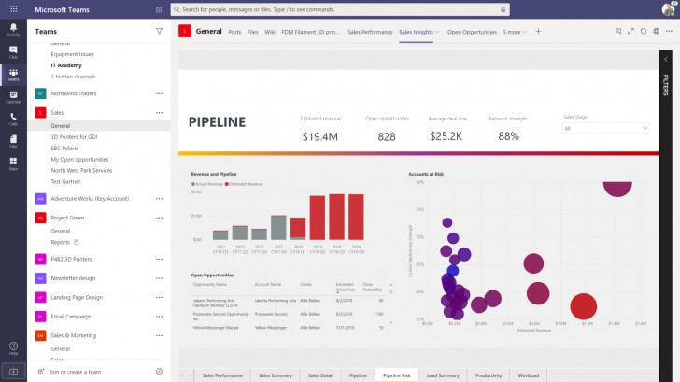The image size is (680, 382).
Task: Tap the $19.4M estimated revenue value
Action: (x=319, y=136)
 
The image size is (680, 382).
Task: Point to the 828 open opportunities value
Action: (x=387, y=136)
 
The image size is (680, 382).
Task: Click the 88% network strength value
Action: (x=509, y=136)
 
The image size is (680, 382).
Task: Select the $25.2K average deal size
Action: (x=446, y=136)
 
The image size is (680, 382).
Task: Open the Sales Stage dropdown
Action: (x=606, y=128)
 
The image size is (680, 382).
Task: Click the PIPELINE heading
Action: (x=217, y=121)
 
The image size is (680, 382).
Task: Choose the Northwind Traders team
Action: (x=77, y=93)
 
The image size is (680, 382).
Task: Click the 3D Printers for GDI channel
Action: (x=74, y=136)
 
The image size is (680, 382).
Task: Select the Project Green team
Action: (x=68, y=218)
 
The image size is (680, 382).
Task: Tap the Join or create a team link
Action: (x=75, y=372)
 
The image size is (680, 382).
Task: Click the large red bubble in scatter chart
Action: (x=583, y=305)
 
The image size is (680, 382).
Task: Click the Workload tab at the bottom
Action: (x=528, y=375)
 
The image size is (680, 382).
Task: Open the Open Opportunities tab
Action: (x=472, y=31)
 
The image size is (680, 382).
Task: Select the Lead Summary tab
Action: (x=443, y=375)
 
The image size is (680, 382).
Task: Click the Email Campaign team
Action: (x=72, y=316)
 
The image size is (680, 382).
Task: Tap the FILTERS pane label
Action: (x=666, y=85)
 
